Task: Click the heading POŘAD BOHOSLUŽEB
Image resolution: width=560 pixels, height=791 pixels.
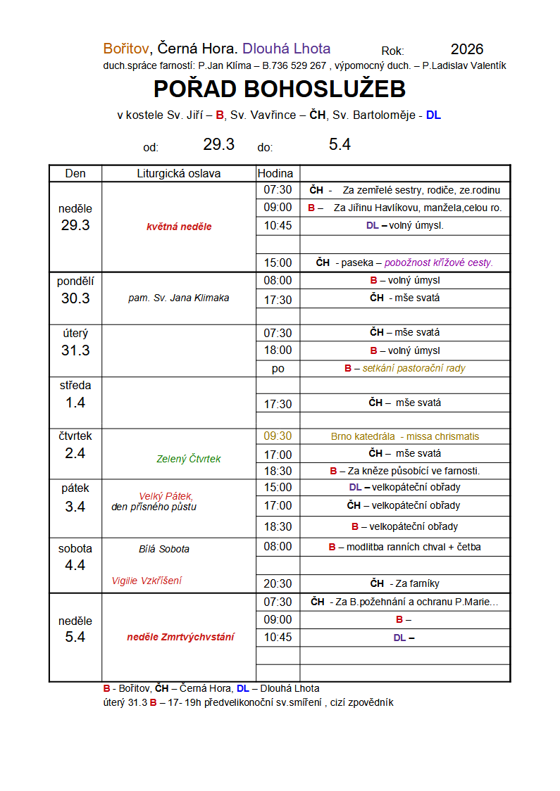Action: coord(280,89)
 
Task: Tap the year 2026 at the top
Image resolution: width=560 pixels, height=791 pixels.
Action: coord(467,49)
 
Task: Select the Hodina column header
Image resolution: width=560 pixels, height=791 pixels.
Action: coord(275,173)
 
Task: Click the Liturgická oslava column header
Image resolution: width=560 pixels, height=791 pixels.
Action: coord(178,173)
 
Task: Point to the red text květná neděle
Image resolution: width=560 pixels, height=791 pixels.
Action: coord(179,227)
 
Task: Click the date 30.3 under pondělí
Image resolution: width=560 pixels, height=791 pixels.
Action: coord(75,298)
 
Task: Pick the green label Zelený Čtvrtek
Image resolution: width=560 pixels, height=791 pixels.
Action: coord(189,459)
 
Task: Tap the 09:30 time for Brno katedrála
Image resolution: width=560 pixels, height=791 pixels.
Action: coord(278,436)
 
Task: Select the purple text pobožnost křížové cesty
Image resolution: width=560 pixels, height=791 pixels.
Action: coord(438,262)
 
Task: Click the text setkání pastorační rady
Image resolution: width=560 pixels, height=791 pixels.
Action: coord(413,368)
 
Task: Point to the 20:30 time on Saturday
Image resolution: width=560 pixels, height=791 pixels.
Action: coord(278,583)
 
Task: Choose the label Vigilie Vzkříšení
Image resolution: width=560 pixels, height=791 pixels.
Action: coord(147,581)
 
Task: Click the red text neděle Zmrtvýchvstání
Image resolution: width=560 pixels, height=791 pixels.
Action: coord(181,637)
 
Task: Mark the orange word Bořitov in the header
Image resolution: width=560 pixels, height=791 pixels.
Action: coord(126,49)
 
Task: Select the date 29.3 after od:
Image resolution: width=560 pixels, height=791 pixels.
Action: coord(218,144)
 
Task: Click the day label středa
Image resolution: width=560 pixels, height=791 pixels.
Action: coord(75,385)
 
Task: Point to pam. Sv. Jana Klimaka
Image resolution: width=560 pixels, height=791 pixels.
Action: coord(179,298)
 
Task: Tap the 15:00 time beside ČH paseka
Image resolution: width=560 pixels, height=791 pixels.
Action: coord(278,262)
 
